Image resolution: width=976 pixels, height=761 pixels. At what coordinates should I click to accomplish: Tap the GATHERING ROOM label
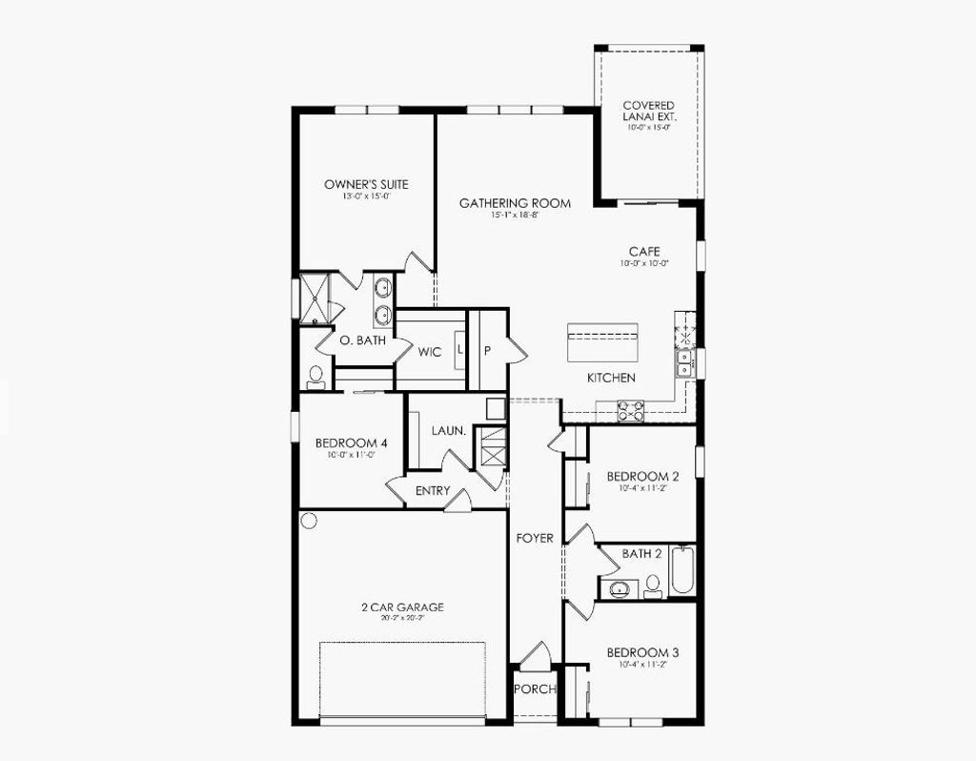click(x=515, y=203)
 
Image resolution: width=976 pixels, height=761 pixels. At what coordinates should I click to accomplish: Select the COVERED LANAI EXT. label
click(x=648, y=111)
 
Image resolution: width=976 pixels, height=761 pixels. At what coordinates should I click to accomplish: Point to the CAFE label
click(x=644, y=252)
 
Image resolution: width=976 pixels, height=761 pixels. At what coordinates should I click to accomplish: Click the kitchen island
click(x=602, y=342)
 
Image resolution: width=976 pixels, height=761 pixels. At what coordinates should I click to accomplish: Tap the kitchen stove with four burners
click(x=630, y=411)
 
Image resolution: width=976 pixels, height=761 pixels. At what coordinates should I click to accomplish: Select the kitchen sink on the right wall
click(x=684, y=362)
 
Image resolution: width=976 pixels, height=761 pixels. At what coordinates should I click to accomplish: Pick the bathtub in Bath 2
click(x=682, y=570)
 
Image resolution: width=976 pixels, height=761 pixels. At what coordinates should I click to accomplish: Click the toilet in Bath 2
click(x=653, y=586)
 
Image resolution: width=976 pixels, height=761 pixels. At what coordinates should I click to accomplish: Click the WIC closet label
click(x=430, y=352)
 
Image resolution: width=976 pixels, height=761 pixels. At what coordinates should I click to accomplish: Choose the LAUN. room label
click(x=448, y=431)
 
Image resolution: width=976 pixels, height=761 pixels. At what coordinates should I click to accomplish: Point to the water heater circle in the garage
click(x=308, y=520)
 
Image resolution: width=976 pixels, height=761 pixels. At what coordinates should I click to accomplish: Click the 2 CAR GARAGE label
click(x=402, y=607)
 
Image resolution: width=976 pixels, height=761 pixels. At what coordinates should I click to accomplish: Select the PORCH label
click(x=534, y=689)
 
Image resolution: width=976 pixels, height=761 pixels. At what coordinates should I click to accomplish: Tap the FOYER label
click(x=535, y=539)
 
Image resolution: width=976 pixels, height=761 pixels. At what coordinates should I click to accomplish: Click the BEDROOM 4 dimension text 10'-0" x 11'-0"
click(x=351, y=456)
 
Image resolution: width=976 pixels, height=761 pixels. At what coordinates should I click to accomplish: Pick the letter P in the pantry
click(x=487, y=350)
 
